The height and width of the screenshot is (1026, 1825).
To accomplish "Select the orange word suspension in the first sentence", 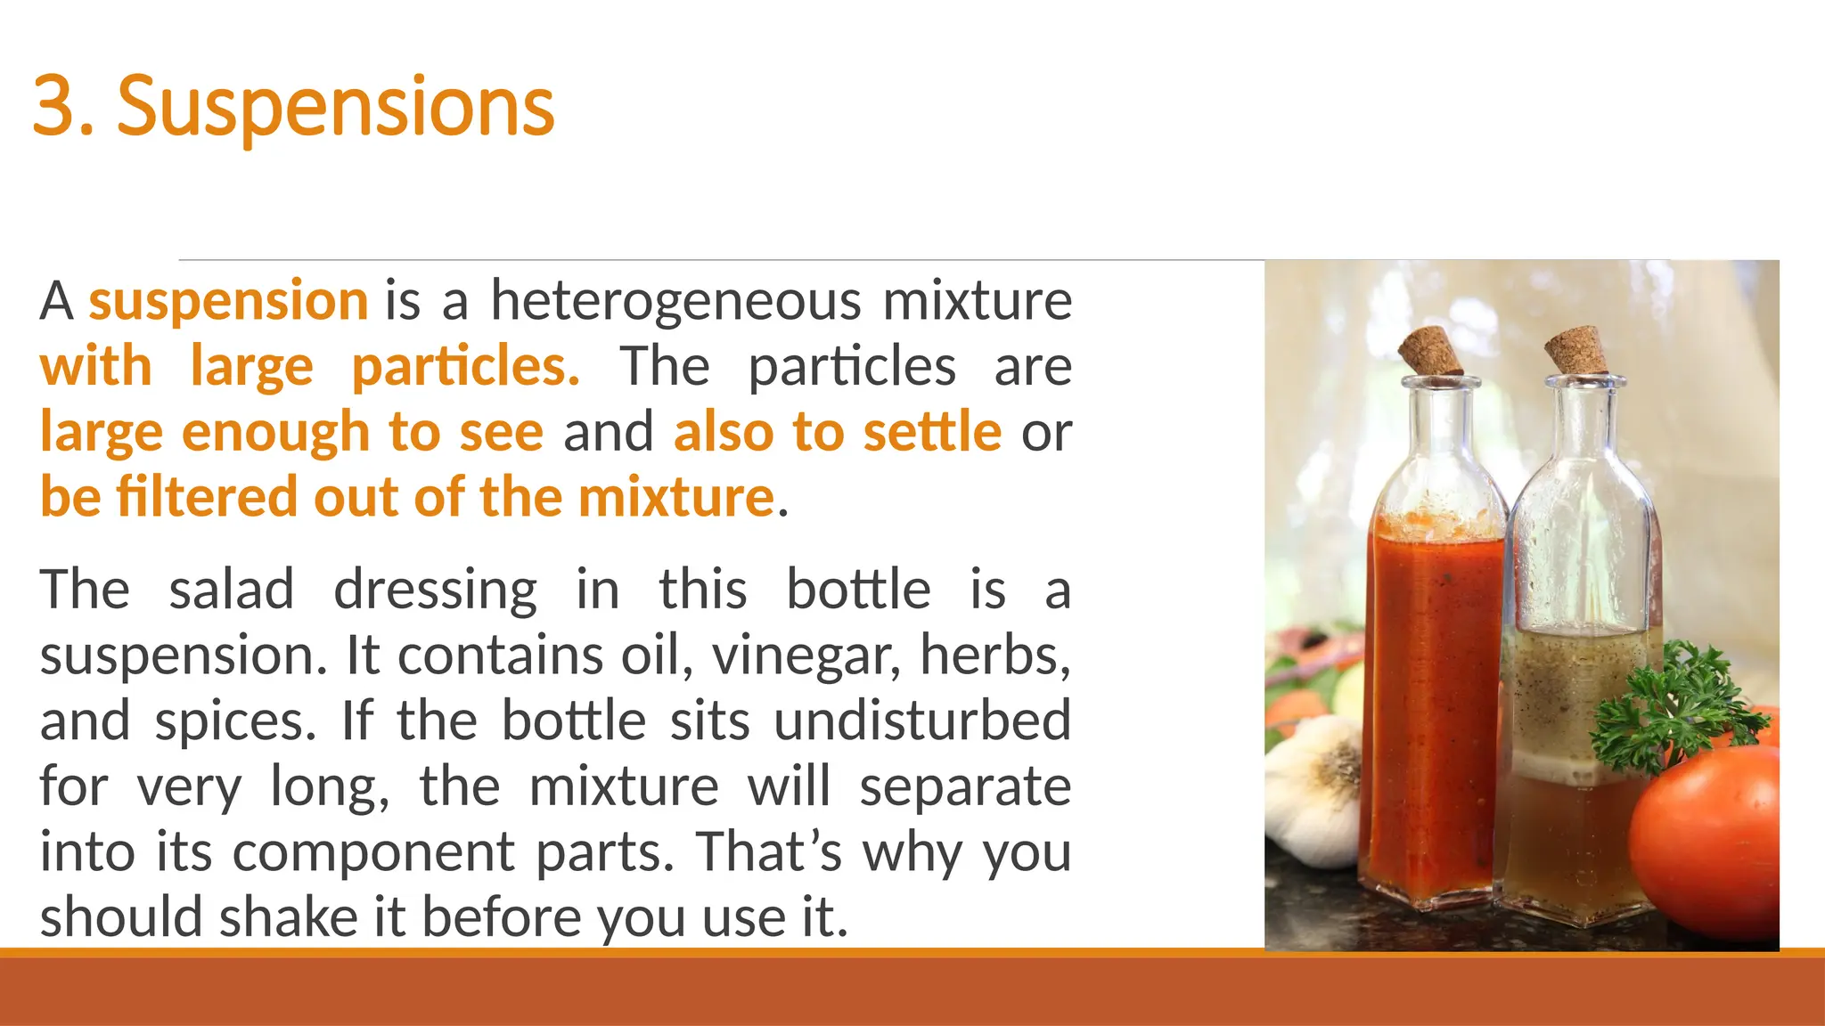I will tap(228, 301).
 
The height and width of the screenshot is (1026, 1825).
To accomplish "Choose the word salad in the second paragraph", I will tap(232, 590).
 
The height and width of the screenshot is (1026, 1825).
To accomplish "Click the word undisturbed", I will tap(921, 720).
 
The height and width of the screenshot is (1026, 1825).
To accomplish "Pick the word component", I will tap(373, 852).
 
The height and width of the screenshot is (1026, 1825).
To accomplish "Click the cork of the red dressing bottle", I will tap(1429, 352).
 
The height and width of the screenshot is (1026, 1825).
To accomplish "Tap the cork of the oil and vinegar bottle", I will tap(1575, 350).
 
